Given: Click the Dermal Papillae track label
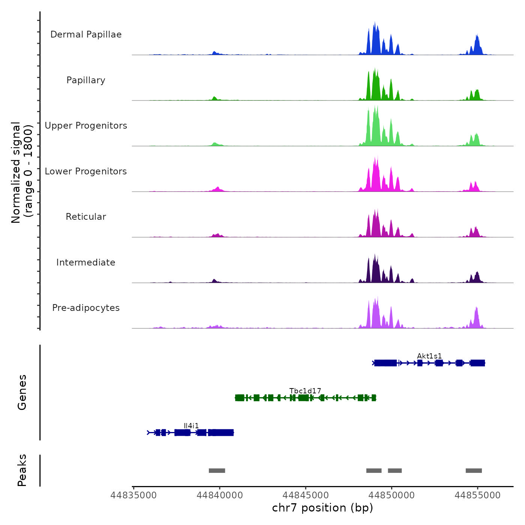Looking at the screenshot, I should point(86,34).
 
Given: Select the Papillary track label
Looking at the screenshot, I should point(86,80).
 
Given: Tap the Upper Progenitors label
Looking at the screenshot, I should point(86,126).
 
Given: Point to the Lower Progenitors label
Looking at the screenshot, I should point(86,171).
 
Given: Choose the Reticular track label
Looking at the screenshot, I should point(86,217).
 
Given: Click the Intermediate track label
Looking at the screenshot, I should point(86,262).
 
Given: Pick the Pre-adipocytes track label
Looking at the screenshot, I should point(86,308).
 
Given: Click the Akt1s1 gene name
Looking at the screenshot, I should point(429,356).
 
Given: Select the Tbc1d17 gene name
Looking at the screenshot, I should point(305,391).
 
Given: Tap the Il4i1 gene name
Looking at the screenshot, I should point(191,426).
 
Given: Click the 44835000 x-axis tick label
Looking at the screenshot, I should point(133,495).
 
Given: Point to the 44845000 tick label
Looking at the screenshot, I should point(306,495).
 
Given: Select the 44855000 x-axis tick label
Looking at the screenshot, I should point(477,495).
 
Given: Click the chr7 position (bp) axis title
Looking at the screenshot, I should point(322,508).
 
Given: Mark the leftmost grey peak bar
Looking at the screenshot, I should point(217,471).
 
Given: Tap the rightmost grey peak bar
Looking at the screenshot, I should point(474,471).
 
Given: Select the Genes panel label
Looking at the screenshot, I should point(22,392).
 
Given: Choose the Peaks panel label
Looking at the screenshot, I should point(22,470).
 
